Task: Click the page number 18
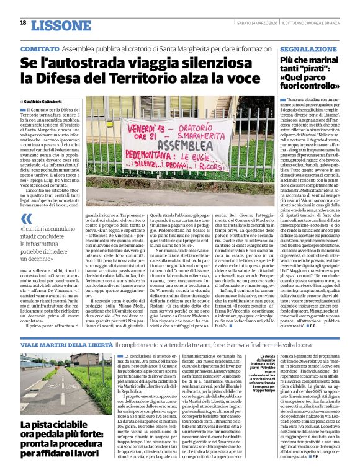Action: pyautogui.click(x=23, y=23)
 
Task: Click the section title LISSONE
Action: pyautogui.click(x=61, y=24)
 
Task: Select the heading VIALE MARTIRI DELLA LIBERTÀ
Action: pyautogui.click(x=58, y=343)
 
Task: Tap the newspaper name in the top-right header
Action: pyautogui.click(x=319, y=23)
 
